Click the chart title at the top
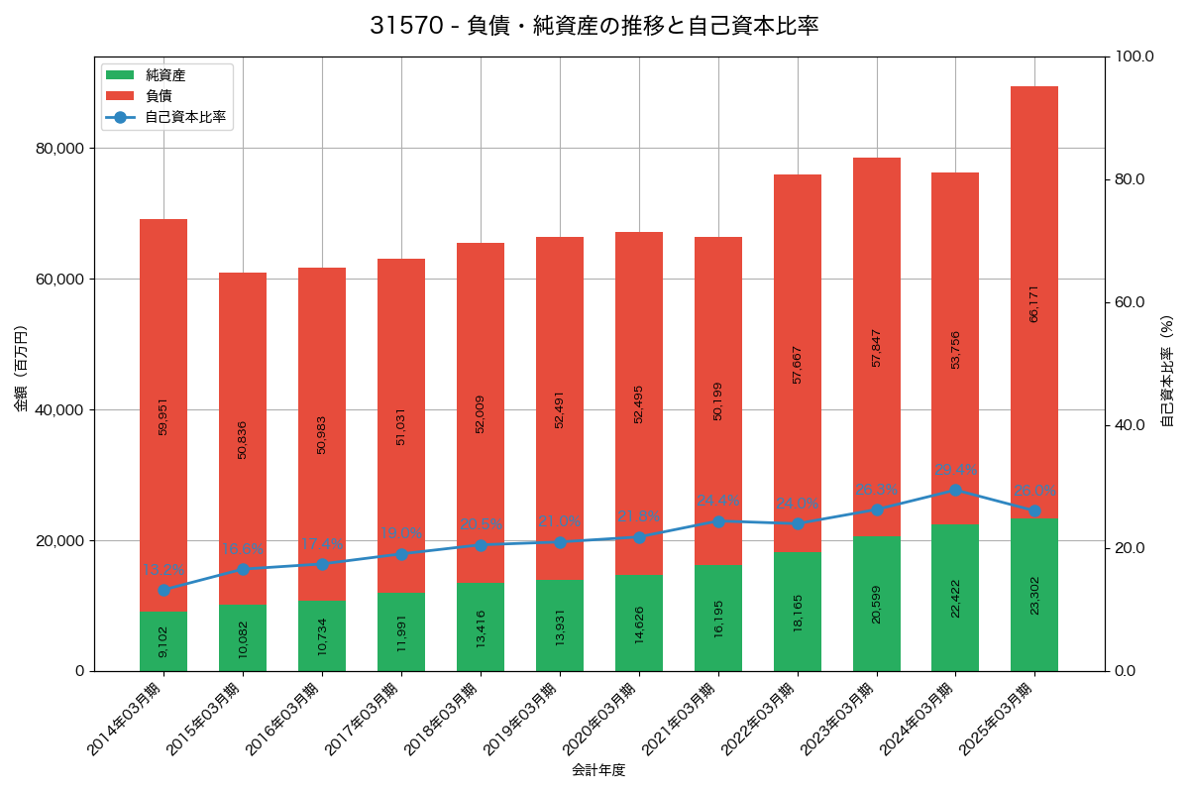pyautogui.click(x=594, y=27)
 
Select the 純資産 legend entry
pyautogui.click(x=164, y=75)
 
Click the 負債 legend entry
pyautogui.click(x=159, y=96)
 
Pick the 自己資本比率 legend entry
pyautogui.click(x=184, y=117)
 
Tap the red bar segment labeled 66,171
pyautogui.click(x=1034, y=302)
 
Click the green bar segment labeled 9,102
pyautogui.click(x=163, y=641)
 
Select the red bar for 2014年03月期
pyautogui.click(x=163, y=415)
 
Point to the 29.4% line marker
pyautogui.click(x=955, y=490)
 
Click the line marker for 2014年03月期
pyautogui.click(x=163, y=590)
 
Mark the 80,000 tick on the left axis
pyautogui.click(x=59, y=149)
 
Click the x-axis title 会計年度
pyautogui.click(x=598, y=770)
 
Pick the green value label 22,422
pyautogui.click(x=955, y=599)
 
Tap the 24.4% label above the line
pyautogui.click(x=718, y=502)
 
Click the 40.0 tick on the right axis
pyautogui.click(x=1129, y=425)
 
